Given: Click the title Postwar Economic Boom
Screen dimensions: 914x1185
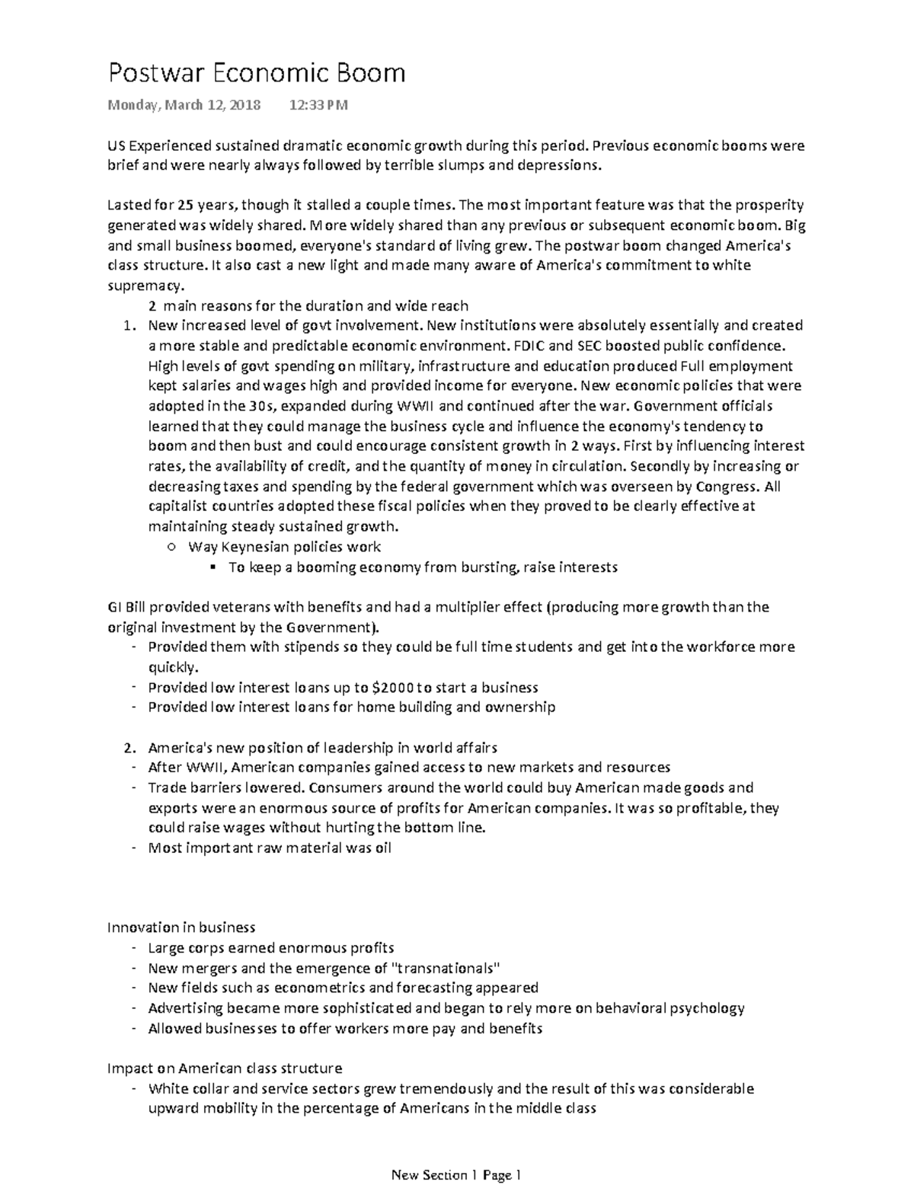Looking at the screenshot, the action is tap(257, 73).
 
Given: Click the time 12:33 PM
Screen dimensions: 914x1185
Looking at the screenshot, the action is tap(318, 105).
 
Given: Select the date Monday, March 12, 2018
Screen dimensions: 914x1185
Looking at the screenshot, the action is tap(184, 105).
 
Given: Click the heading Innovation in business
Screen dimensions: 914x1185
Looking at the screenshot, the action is tap(181, 928).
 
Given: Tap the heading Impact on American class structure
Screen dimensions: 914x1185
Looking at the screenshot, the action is tap(225, 1068).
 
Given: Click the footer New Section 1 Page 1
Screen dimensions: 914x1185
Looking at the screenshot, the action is tap(455, 1175).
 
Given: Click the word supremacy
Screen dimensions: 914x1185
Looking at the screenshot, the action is tap(145, 286).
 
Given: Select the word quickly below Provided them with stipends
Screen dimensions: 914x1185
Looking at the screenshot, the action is tap(172, 667).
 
